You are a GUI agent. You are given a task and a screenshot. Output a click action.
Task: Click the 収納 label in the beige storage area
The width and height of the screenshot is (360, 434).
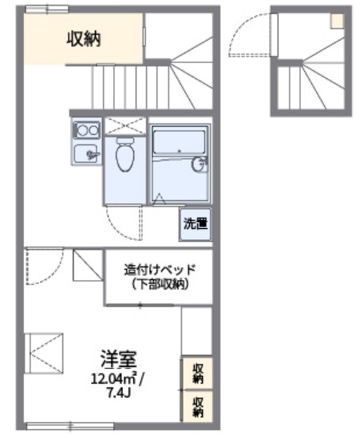[x=83, y=37]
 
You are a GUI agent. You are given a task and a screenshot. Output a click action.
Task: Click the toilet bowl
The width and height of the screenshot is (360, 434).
[x=125, y=156]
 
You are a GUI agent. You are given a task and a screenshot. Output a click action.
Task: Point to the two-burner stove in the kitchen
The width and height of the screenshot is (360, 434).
[x=86, y=128]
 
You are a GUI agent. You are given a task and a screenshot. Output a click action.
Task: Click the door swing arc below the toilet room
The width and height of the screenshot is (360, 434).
[x=126, y=219]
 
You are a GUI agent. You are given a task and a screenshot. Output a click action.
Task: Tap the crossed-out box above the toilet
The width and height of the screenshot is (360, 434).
[x=125, y=124]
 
